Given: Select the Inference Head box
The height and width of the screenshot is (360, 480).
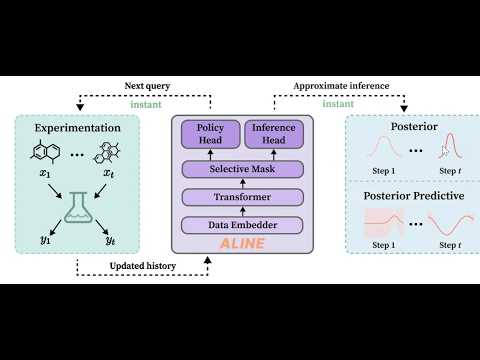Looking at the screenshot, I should point(273,133).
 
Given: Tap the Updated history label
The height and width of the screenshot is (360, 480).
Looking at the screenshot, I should point(142,267).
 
